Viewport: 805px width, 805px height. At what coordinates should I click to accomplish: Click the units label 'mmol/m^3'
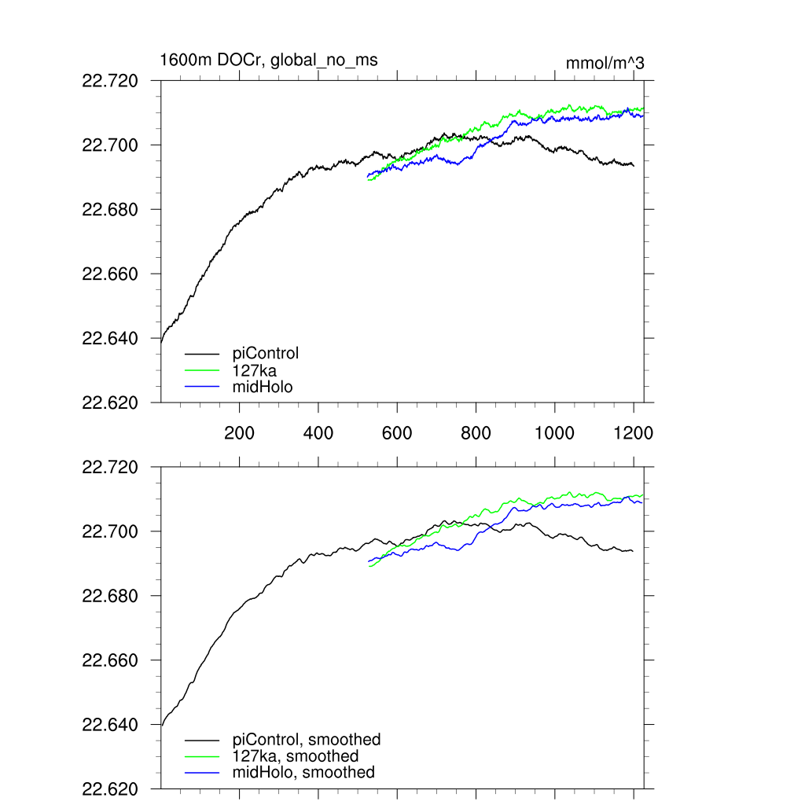(605, 64)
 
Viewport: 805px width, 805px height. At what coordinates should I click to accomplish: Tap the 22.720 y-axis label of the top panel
(110, 81)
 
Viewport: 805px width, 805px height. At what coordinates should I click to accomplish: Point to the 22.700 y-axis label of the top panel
(110, 145)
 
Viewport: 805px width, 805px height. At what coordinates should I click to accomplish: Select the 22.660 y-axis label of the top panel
(110, 274)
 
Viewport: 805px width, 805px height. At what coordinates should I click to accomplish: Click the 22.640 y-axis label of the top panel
(110, 339)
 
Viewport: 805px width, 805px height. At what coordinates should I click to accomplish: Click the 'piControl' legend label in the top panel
(266, 353)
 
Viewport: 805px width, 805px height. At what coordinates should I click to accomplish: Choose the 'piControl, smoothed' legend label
(307, 740)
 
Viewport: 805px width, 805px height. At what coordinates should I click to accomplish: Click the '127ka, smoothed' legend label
(296, 756)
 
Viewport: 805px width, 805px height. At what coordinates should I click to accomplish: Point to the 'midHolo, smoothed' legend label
(304, 773)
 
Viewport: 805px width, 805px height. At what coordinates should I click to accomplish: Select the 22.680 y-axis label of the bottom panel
(110, 597)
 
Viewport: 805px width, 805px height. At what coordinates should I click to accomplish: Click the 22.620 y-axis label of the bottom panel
(110, 789)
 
